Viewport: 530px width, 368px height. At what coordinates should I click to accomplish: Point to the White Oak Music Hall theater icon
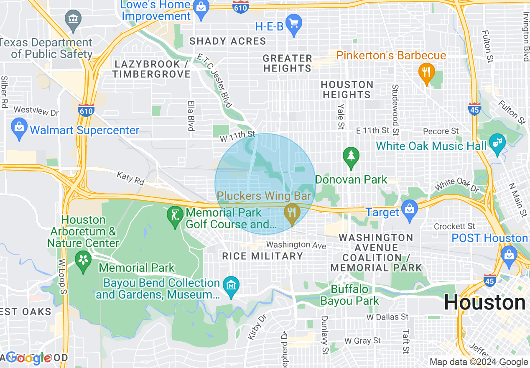497,144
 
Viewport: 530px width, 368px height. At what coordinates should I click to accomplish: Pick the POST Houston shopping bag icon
509,257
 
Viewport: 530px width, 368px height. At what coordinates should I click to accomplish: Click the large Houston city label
485,302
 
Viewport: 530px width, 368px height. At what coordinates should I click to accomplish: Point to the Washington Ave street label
296,245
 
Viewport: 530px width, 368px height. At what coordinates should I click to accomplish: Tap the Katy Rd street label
130,178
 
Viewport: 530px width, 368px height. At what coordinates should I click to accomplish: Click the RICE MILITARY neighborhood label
262,256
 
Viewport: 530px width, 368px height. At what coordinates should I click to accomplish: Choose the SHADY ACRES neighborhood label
228,41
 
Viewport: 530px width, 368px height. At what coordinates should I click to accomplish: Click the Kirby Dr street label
257,326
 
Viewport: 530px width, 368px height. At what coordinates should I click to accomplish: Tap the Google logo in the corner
28,358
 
